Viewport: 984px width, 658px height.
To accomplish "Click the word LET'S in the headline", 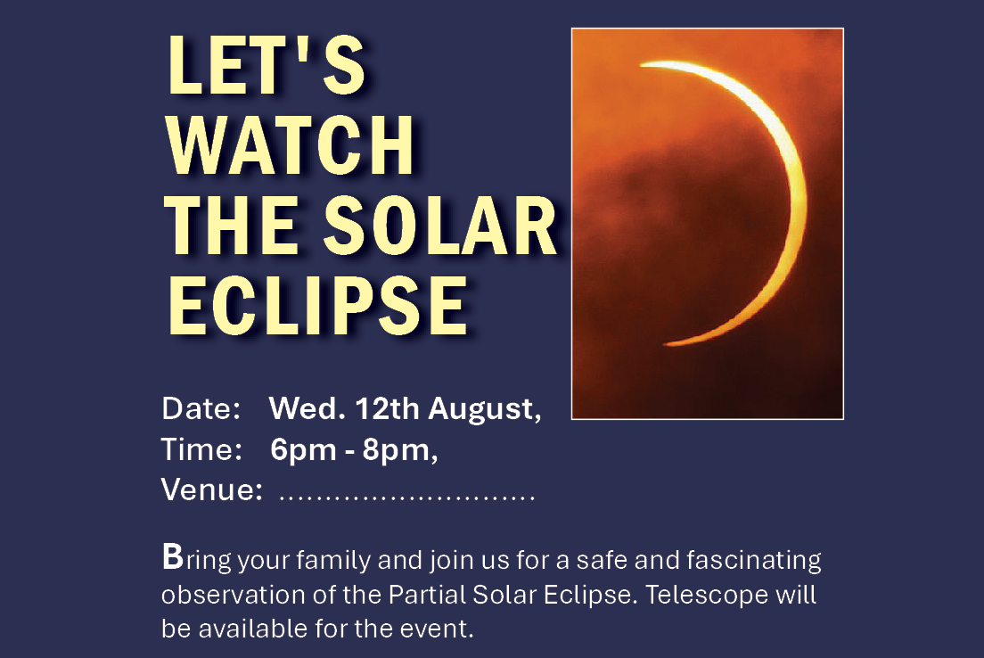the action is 266,65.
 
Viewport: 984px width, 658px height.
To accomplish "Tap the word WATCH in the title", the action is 290,145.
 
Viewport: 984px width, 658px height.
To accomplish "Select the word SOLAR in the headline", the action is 440,226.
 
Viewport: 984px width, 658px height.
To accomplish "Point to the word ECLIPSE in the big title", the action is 317,306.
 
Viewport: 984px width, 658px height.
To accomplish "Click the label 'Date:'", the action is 201,408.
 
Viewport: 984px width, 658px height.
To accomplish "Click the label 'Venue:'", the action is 212,489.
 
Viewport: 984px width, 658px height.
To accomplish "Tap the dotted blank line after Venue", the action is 406,498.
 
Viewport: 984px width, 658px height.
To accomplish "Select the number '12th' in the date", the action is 387,408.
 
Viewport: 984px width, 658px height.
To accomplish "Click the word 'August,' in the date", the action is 485,410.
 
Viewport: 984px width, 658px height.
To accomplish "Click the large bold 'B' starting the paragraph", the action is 173,556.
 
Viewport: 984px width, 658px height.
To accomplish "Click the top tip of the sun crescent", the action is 641,64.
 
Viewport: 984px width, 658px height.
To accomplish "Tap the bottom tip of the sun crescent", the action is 665,344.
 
